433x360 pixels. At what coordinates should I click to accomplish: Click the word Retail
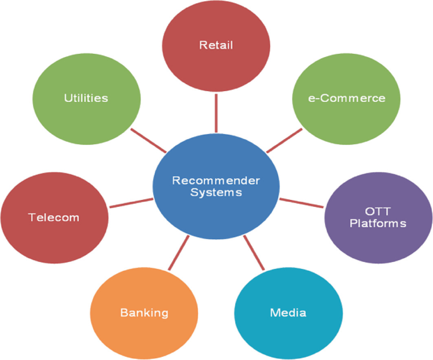[x=216, y=45]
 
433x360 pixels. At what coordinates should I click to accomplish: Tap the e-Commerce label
[x=347, y=98]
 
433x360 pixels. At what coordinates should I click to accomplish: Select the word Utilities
[x=86, y=98]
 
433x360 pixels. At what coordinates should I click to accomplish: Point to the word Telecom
[x=54, y=218]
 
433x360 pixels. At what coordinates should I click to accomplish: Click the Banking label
[x=144, y=313]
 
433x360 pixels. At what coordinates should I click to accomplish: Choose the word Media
[x=288, y=313]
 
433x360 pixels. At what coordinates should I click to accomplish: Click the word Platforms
[x=378, y=223]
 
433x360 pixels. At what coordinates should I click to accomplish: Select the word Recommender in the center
[x=216, y=181]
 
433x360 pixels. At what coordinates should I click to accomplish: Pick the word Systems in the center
[x=216, y=192]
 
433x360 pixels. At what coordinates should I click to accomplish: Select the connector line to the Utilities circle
[x=149, y=140]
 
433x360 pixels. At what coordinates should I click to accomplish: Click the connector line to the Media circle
[x=254, y=253]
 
